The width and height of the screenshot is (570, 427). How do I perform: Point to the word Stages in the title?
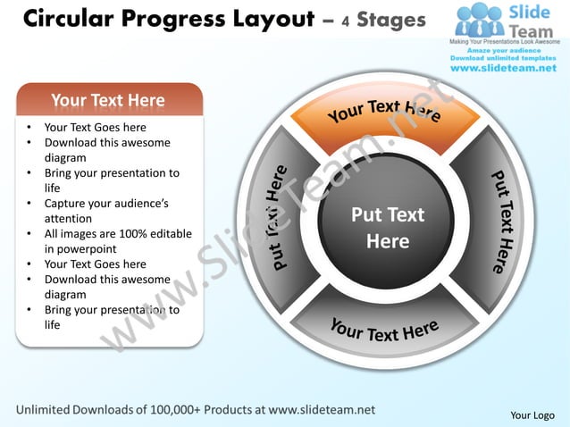point(391,20)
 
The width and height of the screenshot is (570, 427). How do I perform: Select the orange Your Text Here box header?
point(108,99)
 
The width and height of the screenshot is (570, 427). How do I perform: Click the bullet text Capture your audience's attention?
point(105,210)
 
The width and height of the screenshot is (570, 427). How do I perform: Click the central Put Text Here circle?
point(388,228)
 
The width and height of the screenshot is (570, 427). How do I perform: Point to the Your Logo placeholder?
point(532,414)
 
